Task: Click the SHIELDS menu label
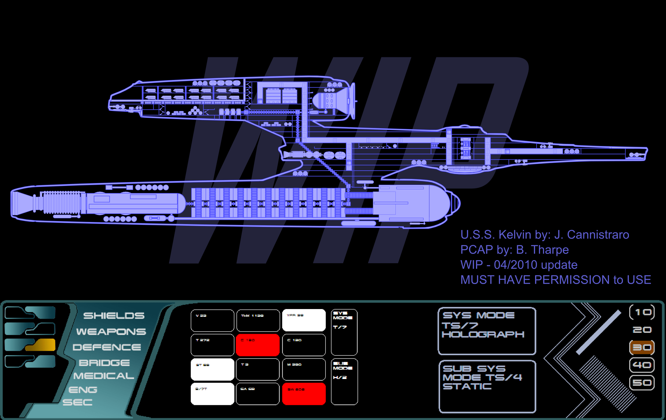click(114, 316)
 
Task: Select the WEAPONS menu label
click(111, 332)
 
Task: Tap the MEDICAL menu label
click(104, 376)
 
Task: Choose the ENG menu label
click(83, 390)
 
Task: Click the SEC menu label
click(78, 402)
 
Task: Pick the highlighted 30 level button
click(642, 348)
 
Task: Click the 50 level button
click(642, 383)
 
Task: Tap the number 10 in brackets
click(642, 312)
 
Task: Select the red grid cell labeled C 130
click(258, 345)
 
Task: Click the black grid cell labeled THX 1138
click(258, 321)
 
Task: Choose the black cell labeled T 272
click(212, 345)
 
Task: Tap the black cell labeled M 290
click(304, 369)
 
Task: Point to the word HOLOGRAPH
click(483, 334)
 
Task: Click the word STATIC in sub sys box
click(467, 387)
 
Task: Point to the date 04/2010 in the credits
click(516, 265)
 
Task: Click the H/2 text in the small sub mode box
click(340, 377)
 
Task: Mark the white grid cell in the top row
click(304, 321)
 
